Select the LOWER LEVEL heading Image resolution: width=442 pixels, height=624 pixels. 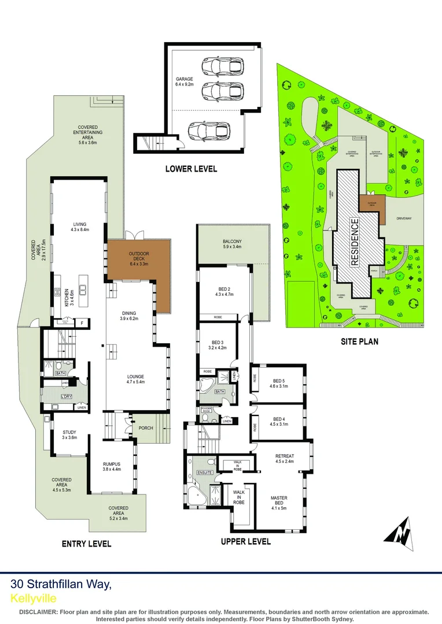tap(191, 169)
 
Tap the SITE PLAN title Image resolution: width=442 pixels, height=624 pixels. tap(359, 341)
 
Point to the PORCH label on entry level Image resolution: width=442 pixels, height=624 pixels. tap(146, 428)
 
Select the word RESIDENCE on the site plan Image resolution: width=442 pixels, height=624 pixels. tap(355, 240)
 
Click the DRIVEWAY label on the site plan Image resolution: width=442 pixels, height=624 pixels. tap(403, 219)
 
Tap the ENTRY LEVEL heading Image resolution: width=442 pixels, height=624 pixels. tap(87, 544)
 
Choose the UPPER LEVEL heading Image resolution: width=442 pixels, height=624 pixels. tap(246, 541)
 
